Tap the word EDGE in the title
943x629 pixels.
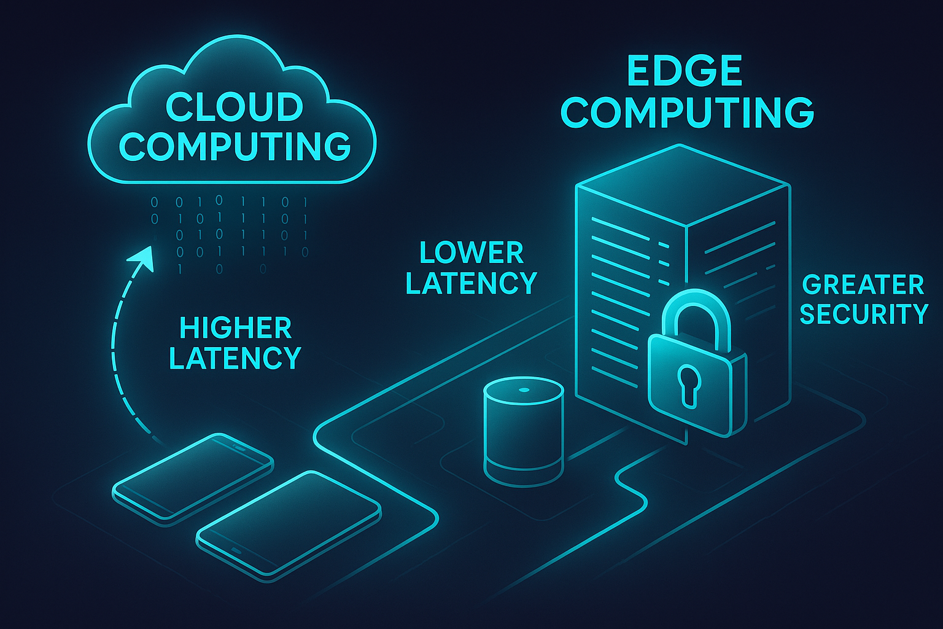(685, 71)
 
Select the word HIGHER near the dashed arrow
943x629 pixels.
(235, 329)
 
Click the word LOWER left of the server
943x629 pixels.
(471, 253)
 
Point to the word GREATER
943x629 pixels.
(863, 285)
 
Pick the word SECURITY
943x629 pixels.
(864, 314)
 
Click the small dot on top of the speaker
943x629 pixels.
(523, 390)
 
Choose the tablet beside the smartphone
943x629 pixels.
(289, 522)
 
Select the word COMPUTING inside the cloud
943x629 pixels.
(235, 146)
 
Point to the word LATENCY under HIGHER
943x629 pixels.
(235, 358)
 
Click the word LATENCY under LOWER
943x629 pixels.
(471, 283)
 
